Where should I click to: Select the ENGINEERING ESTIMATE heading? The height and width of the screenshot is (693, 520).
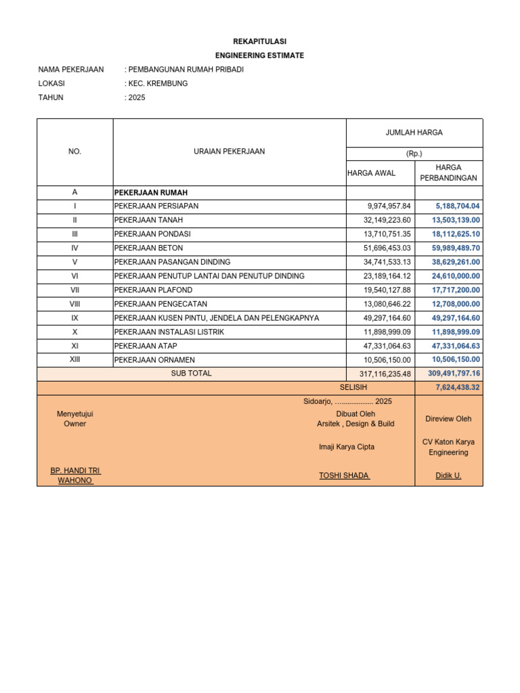coord(259,55)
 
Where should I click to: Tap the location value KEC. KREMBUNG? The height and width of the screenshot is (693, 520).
coord(158,83)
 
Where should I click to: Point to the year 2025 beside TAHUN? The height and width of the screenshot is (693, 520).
coord(136,97)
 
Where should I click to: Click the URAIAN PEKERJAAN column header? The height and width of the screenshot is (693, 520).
coord(229,152)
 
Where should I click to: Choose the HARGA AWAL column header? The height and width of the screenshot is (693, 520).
coord(371,173)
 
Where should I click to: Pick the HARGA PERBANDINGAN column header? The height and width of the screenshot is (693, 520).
coord(448,173)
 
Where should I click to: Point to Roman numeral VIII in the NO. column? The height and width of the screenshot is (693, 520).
coord(74,304)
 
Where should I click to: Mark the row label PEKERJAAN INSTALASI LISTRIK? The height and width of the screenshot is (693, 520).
coord(169,332)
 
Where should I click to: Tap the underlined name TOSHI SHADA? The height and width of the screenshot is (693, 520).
coord(345,475)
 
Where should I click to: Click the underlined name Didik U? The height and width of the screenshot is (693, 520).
coord(448,476)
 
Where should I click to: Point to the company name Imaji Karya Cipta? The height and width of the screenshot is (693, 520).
coord(347,447)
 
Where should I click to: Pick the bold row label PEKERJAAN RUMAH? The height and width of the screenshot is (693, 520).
coord(150,193)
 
